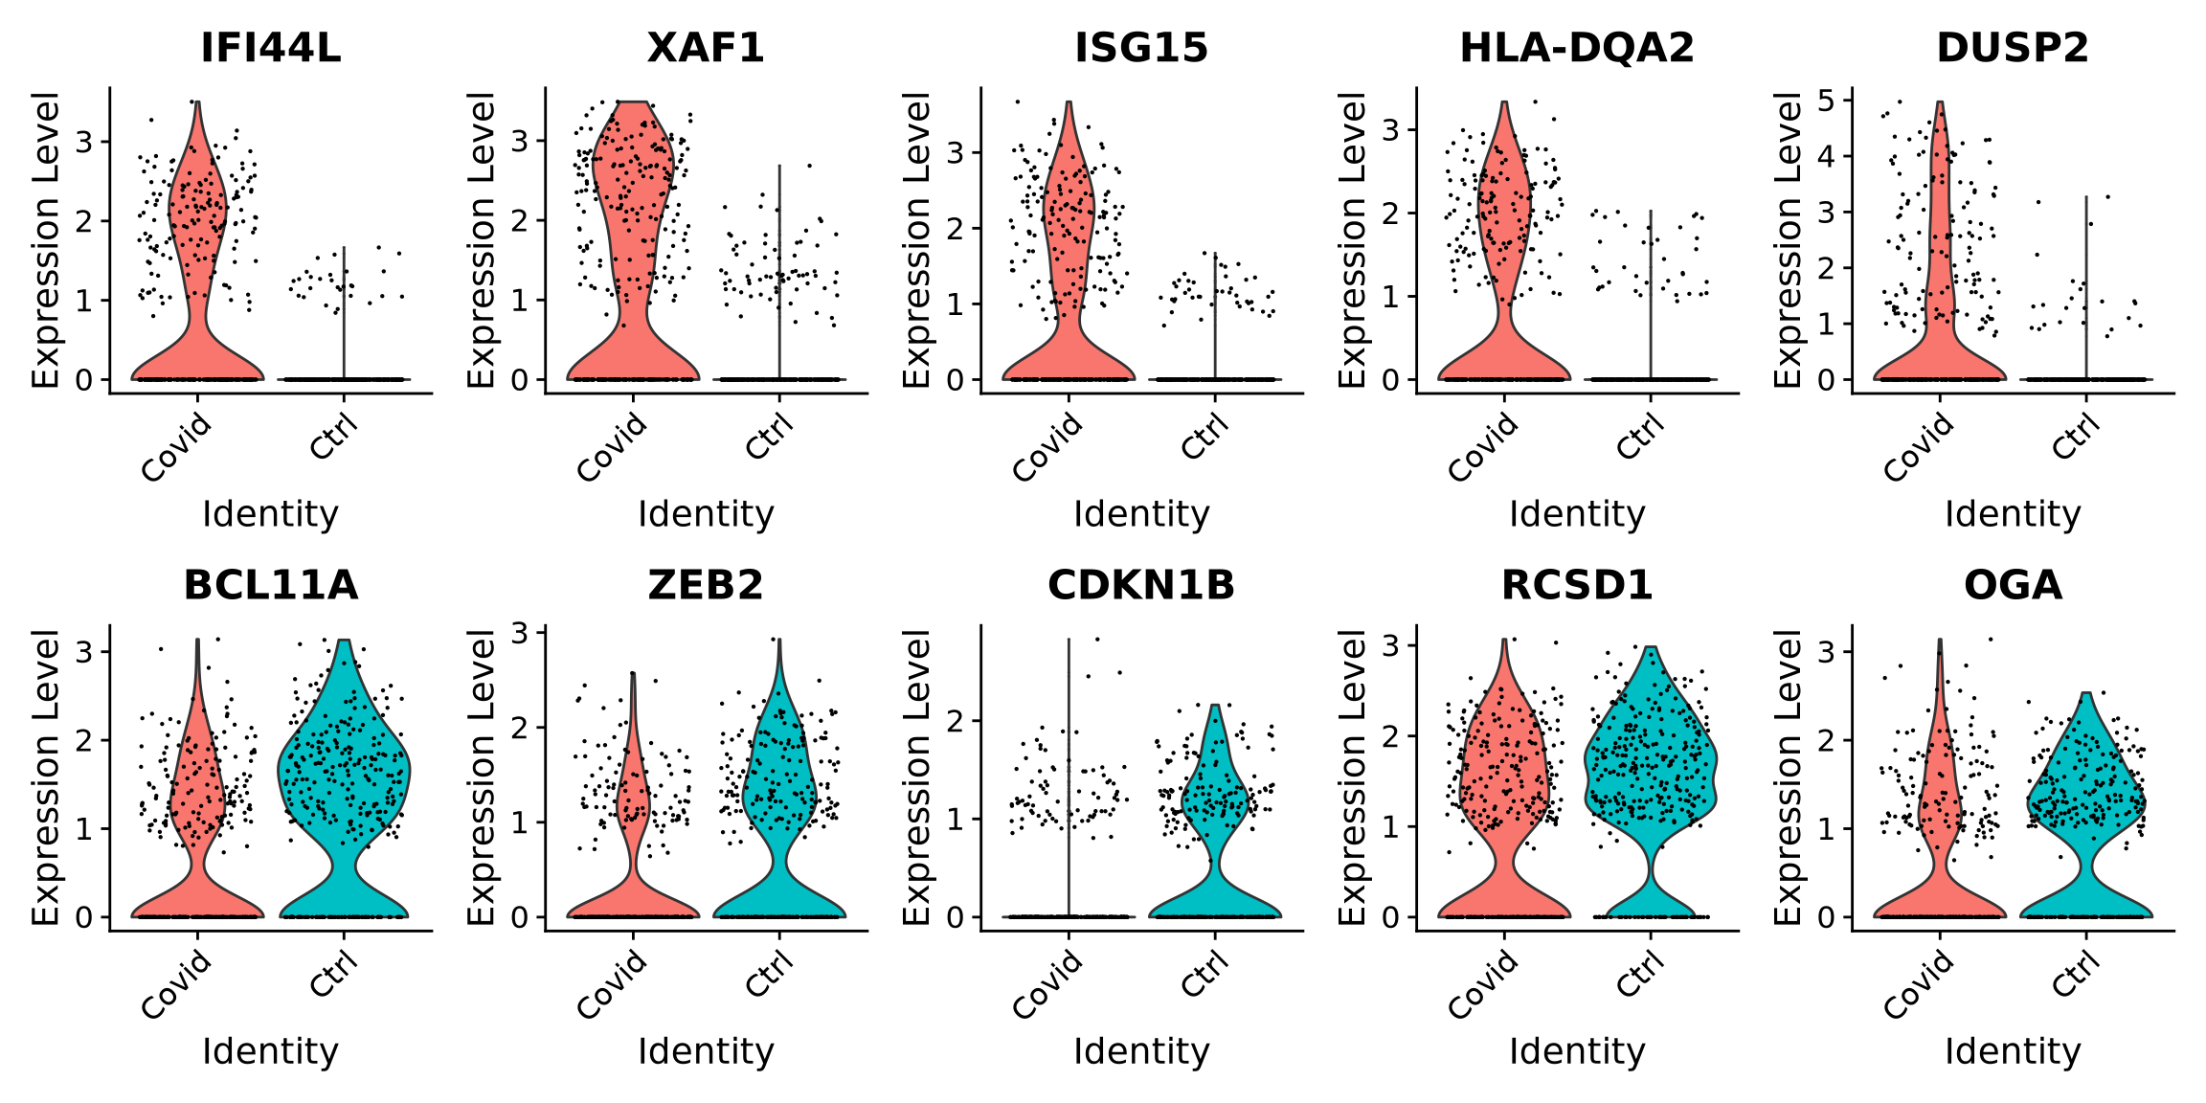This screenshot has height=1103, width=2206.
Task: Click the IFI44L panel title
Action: (x=270, y=48)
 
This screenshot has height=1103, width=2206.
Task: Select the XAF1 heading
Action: (x=706, y=48)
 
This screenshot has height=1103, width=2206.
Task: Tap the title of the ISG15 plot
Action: (x=1141, y=48)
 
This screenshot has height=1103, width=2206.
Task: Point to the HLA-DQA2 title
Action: (x=1577, y=48)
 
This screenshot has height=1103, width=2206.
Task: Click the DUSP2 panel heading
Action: (x=2013, y=48)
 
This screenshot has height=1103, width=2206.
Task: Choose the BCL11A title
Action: (x=270, y=585)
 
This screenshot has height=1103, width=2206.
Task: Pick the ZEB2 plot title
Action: (x=706, y=585)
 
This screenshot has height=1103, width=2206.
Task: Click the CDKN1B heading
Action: (x=1141, y=585)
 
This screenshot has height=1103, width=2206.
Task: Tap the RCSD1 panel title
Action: (x=1577, y=585)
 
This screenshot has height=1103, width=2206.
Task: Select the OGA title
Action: (x=2013, y=585)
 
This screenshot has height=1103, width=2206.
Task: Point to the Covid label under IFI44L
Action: (x=177, y=447)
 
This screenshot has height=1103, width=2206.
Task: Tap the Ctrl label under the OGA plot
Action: (x=2077, y=973)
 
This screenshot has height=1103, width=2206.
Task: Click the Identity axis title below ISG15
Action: (x=1141, y=514)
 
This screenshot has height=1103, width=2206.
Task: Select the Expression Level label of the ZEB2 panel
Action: (x=481, y=777)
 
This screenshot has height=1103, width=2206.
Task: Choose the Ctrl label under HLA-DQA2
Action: (x=1641, y=436)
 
